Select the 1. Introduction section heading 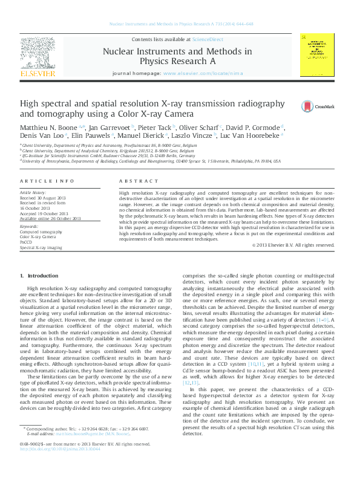pyautogui.click(x=42, y=276)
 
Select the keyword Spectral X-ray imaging pyautogui.click(x=41, y=247)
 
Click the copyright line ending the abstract pyautogui.click(x=293, y=245)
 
